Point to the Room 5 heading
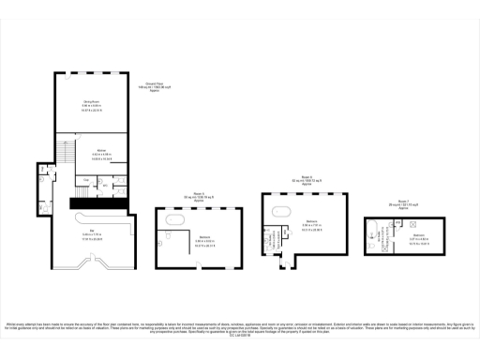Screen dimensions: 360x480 199,196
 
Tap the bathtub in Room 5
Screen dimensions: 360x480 174,219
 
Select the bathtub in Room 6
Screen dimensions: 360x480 282,212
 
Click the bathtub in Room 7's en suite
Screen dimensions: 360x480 372,226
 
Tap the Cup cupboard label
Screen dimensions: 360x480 86,178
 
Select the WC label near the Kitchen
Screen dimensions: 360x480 105,184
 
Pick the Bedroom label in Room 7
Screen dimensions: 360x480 420,234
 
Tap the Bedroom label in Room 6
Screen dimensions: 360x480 310,221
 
